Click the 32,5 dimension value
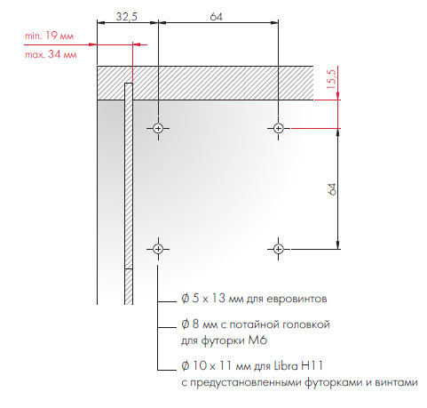pos(127,17)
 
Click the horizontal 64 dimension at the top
pos(216,17)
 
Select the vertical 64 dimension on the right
pos(332,189)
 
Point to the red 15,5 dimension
pos(332,79)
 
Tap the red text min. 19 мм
pos(49,36)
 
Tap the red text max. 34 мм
pos(51,54)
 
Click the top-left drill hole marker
pos(158,128)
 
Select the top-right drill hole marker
pos(278,128)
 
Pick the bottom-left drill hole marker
pos(158,249)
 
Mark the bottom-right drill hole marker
pos(278,249)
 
